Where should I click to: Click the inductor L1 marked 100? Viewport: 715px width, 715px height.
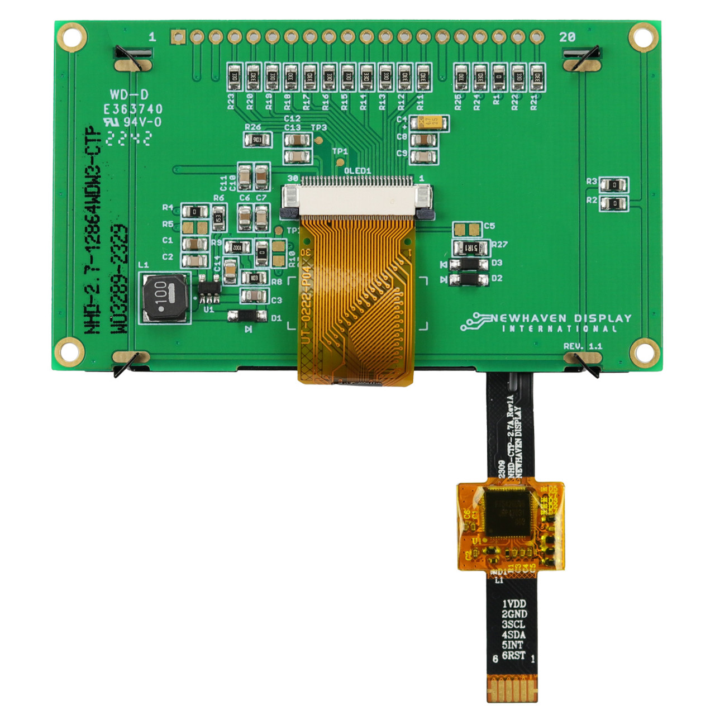[x=164, y=298]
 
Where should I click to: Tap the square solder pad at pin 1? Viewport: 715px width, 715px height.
[x=178, y=37]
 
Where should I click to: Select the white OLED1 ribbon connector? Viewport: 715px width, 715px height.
[x=357, y=198]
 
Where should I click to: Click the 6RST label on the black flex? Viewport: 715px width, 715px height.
[x=513, y=655]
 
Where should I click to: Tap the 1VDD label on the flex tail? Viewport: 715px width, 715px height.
[x=513, y=603]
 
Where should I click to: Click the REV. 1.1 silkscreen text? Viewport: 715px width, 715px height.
[x=583, y=346]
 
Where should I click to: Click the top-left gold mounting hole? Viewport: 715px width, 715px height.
[x=71, y=37]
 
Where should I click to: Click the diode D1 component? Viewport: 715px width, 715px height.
[x=247, y=316]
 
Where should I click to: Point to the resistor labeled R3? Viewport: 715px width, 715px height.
[x=614, y=184]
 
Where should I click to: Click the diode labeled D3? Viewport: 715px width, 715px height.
[x=469, y=264]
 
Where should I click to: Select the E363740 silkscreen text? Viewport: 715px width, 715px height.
[x=133, y=109]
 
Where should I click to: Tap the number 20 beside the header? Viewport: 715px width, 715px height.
[x=567, y=37]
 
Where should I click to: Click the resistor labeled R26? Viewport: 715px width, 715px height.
[x=258, y=140]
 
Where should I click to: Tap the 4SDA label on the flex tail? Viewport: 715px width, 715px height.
[x=513, y=635]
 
